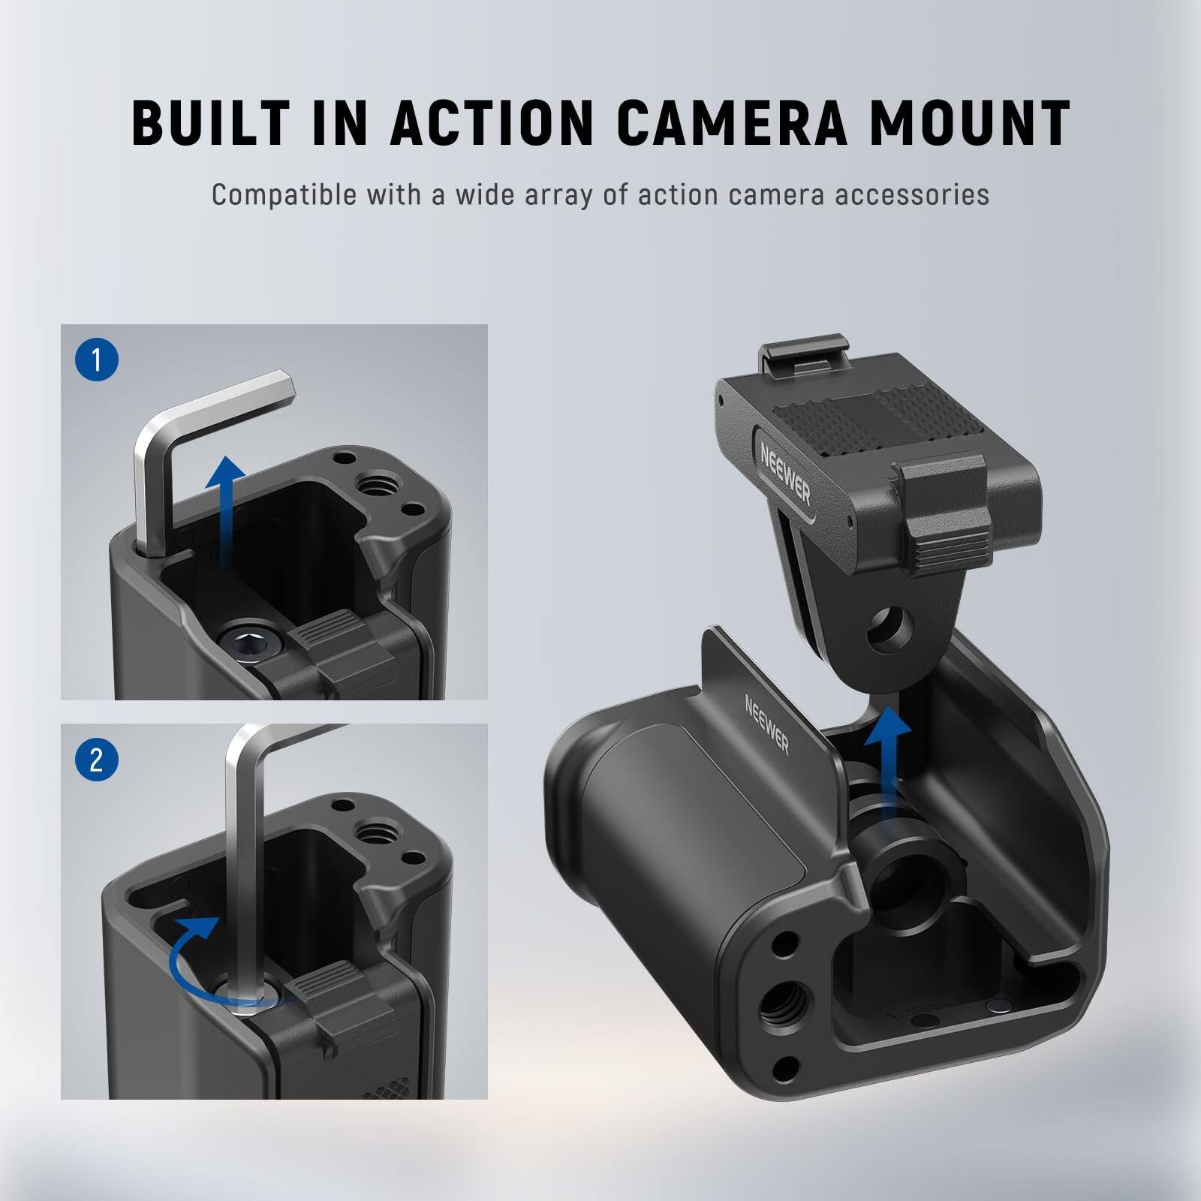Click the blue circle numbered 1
pyautogui.click(x=96, y=361)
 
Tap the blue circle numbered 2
pyautogui.click(x=96, y=760)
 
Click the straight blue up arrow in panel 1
pyautogui.click(x=225, y=510)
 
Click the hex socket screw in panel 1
pyautogui.click(x=253, y=643)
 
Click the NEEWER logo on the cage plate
pyautogui.click(x=766, y=724)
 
